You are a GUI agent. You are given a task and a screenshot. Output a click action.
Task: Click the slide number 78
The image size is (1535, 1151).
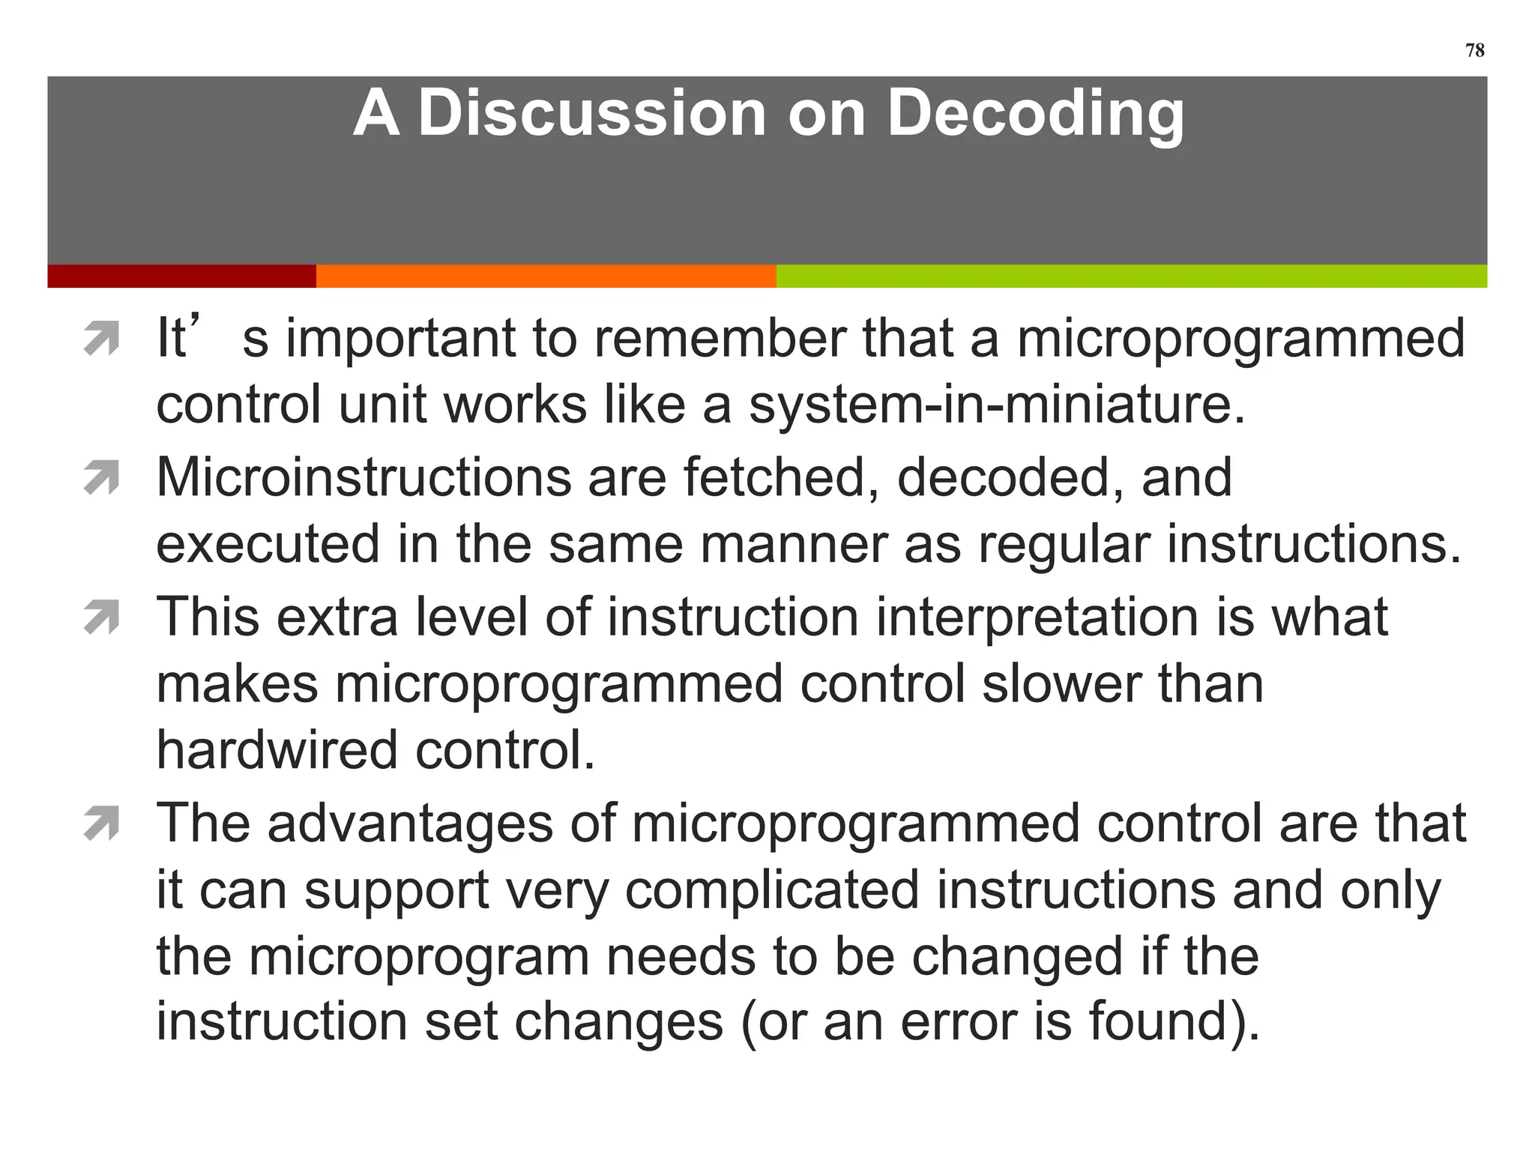pyautogui.click(x=1474, y=50)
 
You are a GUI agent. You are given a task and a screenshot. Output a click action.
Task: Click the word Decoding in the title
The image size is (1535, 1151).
pyautogui.click(x=1035, y=114)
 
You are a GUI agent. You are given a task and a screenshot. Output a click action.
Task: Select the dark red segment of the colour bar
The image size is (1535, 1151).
pyautogui.click(x=181, y=276)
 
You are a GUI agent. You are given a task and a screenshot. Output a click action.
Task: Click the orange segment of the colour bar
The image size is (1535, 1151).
pyautogui.click(x=546, y=276)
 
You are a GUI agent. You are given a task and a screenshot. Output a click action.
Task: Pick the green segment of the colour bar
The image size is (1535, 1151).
pyautogui.click(x=1131, y=276)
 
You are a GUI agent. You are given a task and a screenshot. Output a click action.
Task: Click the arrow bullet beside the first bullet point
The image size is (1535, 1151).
pyautogui.click(x=102, y=339)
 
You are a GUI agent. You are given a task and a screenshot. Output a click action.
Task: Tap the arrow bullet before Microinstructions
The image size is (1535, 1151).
pyautogui.click(x=102, y=478)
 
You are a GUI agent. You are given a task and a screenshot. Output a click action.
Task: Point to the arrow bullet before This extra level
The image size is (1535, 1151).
pyautogui.click(x=102, y=617)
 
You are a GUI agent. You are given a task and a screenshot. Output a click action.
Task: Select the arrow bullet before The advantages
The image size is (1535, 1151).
pyautogui.click(x=102, y=824)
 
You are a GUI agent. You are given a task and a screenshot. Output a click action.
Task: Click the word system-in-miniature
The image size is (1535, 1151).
pyautogui.click(x=997, y=405)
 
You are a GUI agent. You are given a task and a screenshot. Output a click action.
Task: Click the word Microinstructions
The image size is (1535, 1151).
pyautogui.click(x=363, y=477)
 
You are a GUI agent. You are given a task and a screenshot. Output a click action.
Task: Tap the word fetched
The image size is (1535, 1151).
pyautogui.click(x=779, y=477)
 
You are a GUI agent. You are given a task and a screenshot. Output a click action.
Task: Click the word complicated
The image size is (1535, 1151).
pyautogui.click(x=772, y=890)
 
